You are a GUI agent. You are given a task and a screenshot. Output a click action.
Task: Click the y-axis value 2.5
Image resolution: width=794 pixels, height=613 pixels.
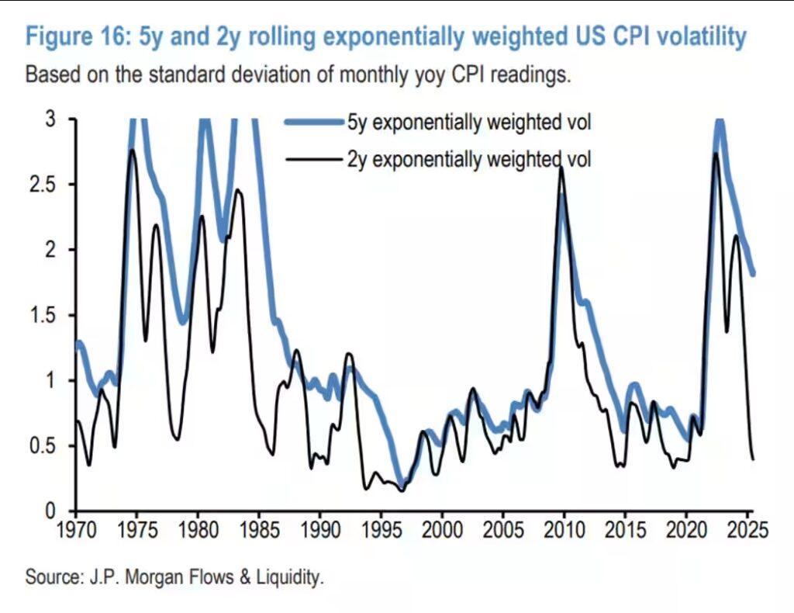47,185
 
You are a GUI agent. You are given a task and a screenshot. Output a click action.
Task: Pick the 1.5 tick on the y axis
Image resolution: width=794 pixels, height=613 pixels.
47,315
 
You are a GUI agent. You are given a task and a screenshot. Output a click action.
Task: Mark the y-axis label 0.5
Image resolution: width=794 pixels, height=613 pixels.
47,446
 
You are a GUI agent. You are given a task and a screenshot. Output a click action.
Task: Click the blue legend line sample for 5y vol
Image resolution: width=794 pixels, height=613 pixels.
314,122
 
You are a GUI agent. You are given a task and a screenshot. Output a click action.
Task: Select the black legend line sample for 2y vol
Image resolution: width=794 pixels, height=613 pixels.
314,160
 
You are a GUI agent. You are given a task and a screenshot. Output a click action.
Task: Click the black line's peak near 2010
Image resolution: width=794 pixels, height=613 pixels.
561,168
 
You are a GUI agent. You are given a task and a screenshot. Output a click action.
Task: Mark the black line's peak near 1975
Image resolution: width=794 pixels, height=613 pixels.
132,150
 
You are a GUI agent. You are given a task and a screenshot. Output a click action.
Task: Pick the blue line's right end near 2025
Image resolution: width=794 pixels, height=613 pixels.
753,273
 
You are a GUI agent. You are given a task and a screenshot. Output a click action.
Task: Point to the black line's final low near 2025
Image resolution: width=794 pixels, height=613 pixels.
753,459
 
